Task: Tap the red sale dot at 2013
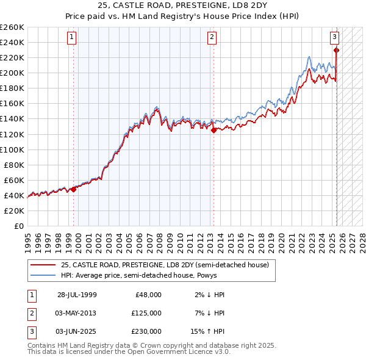pyautogui.click(x=213, y=129)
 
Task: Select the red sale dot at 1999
pyautogui.click(x=74, y=189)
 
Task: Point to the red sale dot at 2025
pyautogui.click(x=336, y=50)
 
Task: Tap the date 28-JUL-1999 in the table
pyautogui.click(x=77, y=295)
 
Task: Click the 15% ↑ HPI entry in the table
pyautogui.click(x=208, y=331)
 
